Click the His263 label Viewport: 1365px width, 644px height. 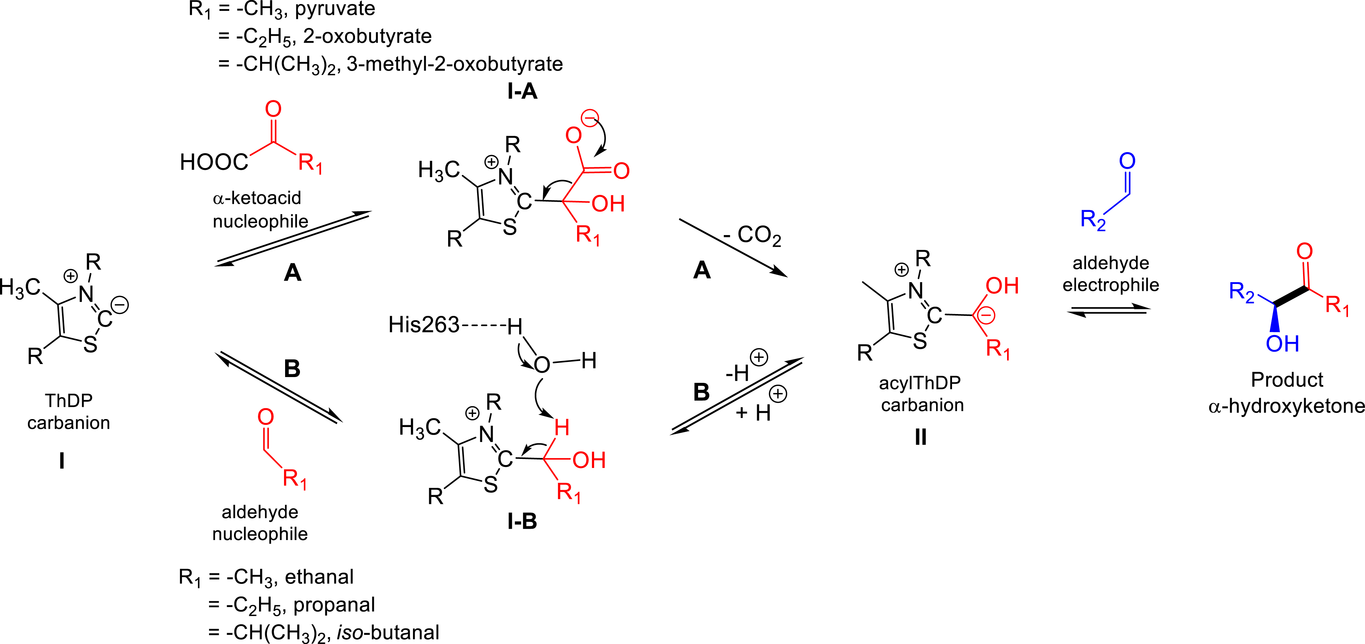pyautogui.click(x=423, y=325)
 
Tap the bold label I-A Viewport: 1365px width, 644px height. pyautogui.click(x=522, y=91)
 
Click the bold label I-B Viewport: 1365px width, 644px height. pyautogui.click(x=522, y=522)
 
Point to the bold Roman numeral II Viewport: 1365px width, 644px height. pyautogui.click(x=921, y=438)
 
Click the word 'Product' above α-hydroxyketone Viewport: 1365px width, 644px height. pyautogui.click(x=1287, y=380)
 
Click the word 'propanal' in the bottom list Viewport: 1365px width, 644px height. pyautogui.click(x=334, y=605)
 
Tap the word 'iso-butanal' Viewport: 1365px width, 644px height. pyautogui.click(x=388, y=632)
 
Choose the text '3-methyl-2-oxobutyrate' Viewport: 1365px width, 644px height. pyautogui.click(x=455, y=64)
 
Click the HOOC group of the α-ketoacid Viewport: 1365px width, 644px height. pyautogui.click(x=214, y=162)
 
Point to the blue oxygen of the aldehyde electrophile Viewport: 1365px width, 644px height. pyautogui.click(x=1127, y=161)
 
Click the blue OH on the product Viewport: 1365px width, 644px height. pyautogui.click(x=1282, y=344)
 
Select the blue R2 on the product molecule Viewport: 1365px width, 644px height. pyautogui.click(x=1241, y=292)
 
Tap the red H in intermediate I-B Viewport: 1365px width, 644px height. pyautogui.click(x=562, y=427)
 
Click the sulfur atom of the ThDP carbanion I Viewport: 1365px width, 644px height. pyautogui.click(x=91, y=345)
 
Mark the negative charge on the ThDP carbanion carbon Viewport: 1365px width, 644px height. pyautogui.click(x=120, y=305)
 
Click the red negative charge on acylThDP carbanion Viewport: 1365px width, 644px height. pyautogui.click(x=986, y=315)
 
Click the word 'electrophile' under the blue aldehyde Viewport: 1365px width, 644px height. pyautogui.click(x=1111, y=285)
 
